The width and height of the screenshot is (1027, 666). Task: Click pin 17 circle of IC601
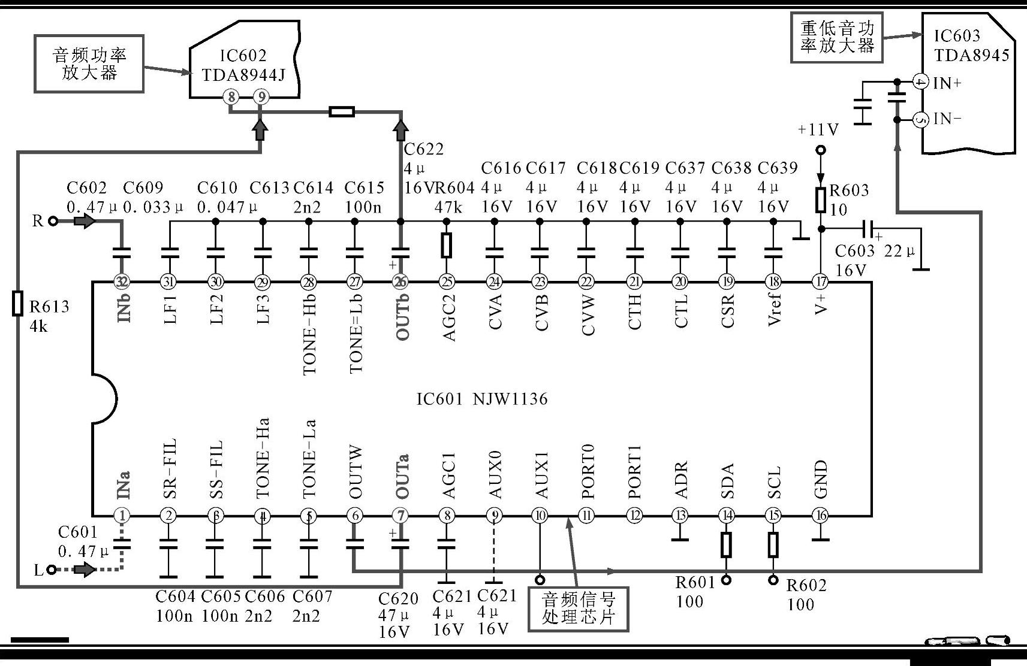(820, 281)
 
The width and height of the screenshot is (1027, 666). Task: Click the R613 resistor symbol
(18, 303)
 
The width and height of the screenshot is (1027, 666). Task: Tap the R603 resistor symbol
(821, 200)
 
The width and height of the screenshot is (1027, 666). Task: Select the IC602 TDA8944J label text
(243, 65)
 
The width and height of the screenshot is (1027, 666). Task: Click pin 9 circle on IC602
(260, 96)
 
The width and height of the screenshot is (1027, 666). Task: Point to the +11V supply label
(818, 129)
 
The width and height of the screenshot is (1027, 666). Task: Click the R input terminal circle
(53, 222)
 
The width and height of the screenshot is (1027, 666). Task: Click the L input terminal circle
(52, 570)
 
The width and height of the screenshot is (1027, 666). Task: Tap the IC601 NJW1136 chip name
(482, 399)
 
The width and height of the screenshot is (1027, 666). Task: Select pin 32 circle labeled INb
(122, 281)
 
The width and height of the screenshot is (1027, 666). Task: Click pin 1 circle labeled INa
(122, 515)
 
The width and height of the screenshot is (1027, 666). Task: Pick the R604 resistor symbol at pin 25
(446, 246)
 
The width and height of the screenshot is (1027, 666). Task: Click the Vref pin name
(774, 308)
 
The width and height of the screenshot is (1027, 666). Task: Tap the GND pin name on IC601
(821, 479)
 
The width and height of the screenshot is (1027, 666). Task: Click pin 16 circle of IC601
(820, 515)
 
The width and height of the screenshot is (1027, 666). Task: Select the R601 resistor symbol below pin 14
(726, 545)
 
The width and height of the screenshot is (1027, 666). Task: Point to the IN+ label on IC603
(947, 83)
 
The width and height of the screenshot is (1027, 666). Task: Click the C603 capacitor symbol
(867, 228)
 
